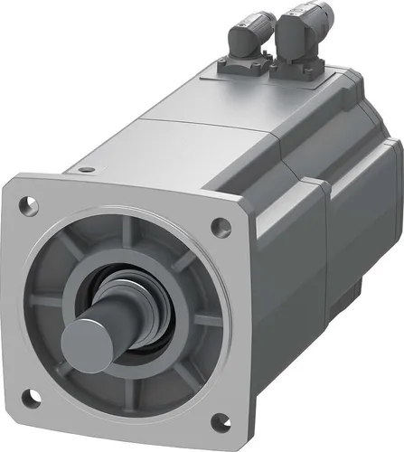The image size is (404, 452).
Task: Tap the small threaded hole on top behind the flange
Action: (85, 168)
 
